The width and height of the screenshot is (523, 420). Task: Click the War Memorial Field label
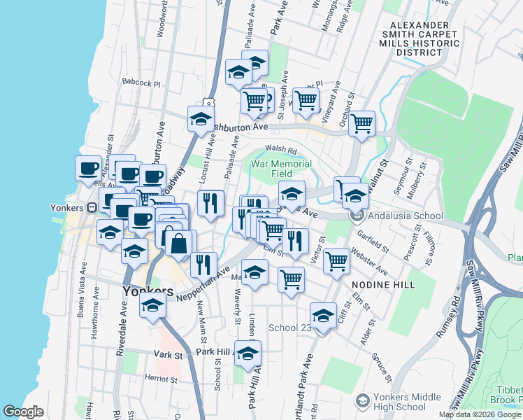pos(282,169)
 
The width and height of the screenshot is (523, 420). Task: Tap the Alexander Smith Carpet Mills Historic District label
pos(417,38)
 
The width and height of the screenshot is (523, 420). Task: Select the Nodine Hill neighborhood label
pos(383,285)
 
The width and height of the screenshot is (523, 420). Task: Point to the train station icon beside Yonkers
pos(91,208)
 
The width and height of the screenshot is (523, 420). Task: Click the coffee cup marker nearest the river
pos(88,169)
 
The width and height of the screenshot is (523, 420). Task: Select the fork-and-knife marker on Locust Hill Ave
pos(210,203)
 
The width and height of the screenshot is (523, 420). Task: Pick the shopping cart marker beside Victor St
pos(337,261)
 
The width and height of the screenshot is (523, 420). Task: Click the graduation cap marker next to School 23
pos(323,316)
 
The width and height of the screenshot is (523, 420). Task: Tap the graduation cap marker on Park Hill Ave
pos(248,353)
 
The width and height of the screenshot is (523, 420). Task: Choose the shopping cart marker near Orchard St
pos(361,124)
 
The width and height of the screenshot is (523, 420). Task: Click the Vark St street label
pos(169,355)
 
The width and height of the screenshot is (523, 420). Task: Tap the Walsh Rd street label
pos(281,150)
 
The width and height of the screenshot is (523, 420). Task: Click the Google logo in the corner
pos(23,412)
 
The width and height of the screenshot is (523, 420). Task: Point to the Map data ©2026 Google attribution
pos(480,414)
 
